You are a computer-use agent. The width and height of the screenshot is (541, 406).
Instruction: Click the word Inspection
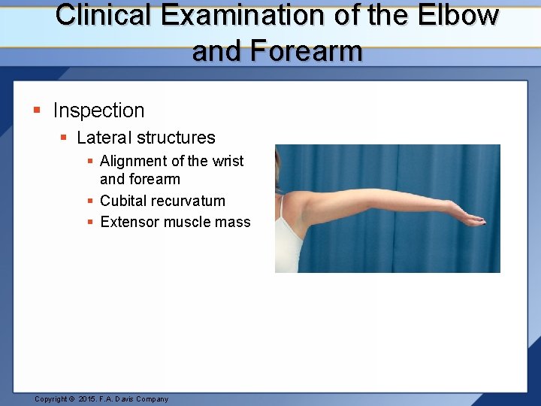click(x=98, y=111)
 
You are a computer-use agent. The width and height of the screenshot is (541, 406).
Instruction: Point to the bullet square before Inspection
click(x=37, y=111)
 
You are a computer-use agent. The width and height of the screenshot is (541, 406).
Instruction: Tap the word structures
click(x=175, y=138)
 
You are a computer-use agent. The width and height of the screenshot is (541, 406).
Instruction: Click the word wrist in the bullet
click(x=228, y=161)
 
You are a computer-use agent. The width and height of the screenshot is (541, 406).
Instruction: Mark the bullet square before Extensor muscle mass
click(x=90, y=222)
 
